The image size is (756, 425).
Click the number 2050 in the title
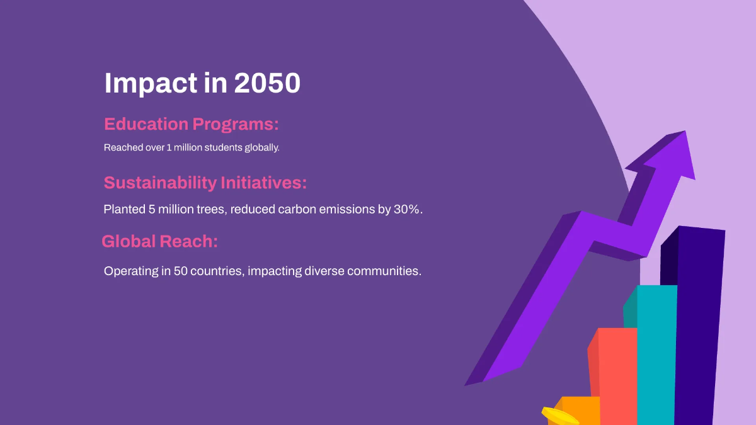[x=267, y=83]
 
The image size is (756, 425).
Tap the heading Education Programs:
[x=191, y=124]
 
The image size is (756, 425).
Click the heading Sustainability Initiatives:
[x=205, y=183]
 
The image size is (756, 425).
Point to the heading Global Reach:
[x=159, y=241]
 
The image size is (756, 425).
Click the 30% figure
[x=407, y=209]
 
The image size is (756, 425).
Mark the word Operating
[x=130, y=271]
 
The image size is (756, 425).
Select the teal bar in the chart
[x=656, y=353]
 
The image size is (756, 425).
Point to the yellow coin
[x=559, y=416]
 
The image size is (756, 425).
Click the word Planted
[x=124, y=209]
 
